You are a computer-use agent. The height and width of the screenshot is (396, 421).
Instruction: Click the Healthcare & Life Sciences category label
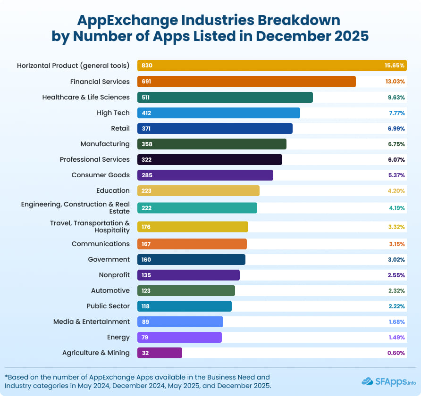[86, 97]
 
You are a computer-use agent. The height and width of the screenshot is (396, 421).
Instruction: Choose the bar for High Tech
[219, 113]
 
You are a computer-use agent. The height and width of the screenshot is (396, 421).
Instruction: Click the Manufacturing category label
[105, 144]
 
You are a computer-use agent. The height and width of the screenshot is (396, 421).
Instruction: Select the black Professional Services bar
[210, 159]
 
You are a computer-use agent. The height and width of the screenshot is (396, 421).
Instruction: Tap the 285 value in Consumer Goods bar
[146, 175]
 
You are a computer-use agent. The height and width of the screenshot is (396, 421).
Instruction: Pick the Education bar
[198, 190]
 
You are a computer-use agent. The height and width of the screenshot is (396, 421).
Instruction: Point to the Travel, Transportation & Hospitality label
[90, 226]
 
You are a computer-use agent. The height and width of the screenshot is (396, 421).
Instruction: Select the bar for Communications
[192, 244]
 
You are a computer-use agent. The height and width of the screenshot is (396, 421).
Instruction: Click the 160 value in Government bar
[146, 260]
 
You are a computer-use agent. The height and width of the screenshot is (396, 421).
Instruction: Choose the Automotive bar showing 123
[186, 290]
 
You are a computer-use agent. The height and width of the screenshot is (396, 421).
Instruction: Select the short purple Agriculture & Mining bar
[160, 353]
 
